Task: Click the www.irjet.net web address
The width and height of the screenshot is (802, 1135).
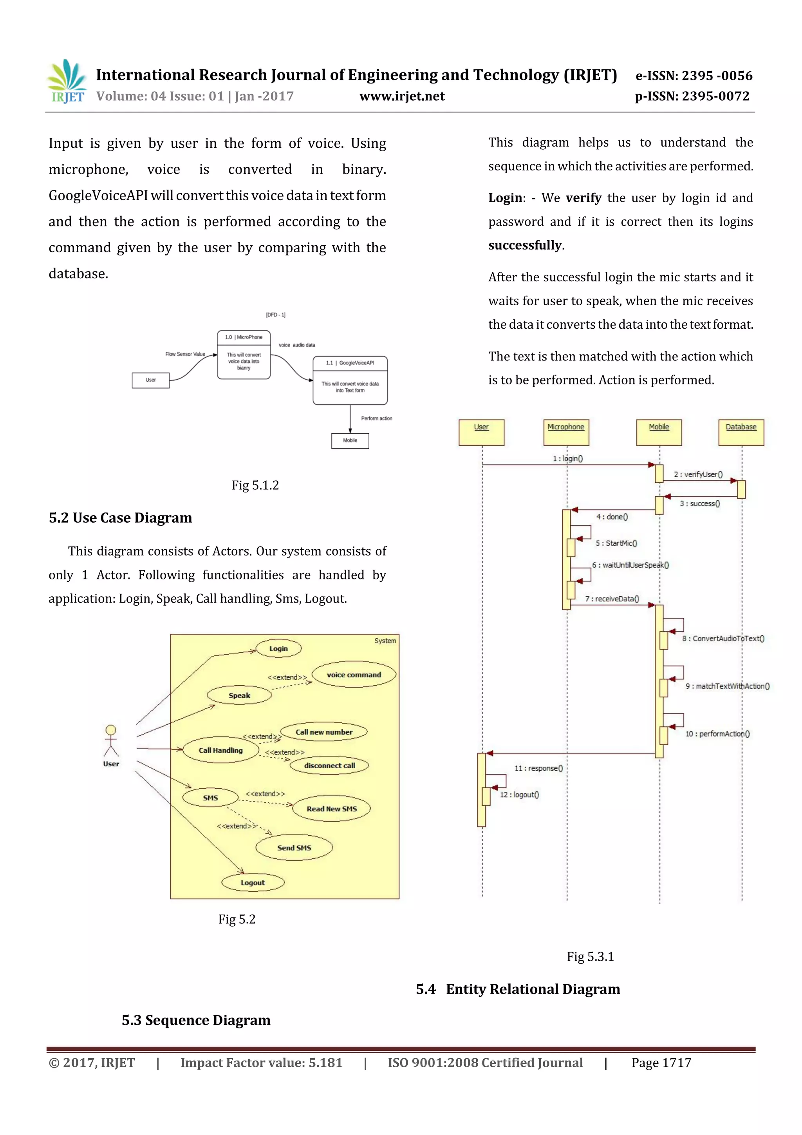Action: click(x=402, y=96)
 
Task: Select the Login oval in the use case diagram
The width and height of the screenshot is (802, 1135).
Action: click(x=279, y=648)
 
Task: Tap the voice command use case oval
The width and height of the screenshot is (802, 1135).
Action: click(x=354, y=675)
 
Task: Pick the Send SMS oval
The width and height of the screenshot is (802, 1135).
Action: click(x=294, y=847)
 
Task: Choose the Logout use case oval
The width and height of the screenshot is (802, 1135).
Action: click(x=253, y=882)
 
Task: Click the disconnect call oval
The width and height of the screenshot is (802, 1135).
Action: click(x=330, y=765)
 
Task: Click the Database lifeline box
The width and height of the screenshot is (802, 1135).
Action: click(x=741, y=432)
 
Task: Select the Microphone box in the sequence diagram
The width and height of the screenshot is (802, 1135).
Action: click(x=566, y=432)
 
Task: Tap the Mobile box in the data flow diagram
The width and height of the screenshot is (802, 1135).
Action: click(x=350, y=440)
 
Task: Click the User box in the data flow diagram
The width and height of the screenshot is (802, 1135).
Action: click(x=151, y=380)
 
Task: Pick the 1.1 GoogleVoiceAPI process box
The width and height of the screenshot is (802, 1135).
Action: click(x=350, y=380)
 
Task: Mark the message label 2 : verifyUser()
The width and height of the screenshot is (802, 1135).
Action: click(x=698, y=474)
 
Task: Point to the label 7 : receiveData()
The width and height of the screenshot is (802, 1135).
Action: click(x=612, y=599)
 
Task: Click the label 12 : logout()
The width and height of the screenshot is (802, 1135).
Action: click(x=519, y=795)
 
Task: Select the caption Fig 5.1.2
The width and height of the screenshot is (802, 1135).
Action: click(x=255, y=485)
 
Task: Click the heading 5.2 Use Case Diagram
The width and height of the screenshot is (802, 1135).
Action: click(x=121, y=518)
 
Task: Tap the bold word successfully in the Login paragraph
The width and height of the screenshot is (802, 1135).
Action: click(x=525, y=245)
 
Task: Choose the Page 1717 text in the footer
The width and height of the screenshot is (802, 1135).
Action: click(x=661, y=1063)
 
